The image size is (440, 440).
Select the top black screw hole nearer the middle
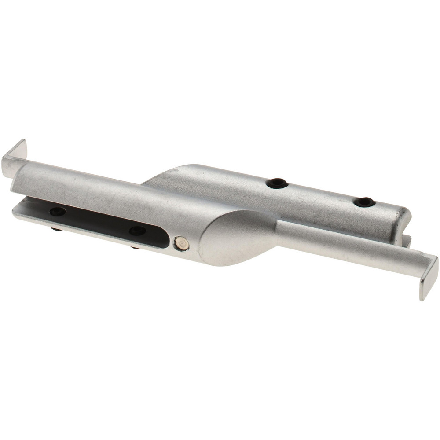click(x=277, y=183)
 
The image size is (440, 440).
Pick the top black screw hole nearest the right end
click(x=364, y=202)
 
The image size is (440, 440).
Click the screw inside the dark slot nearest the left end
click(x=58, y=212)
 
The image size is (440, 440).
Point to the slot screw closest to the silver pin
click(x=137, y=231)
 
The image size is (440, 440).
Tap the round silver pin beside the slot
click(x=181, y=243)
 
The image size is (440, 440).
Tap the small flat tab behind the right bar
click(x=407, y=241)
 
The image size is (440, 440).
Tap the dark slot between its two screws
click(x=97, y=221)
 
